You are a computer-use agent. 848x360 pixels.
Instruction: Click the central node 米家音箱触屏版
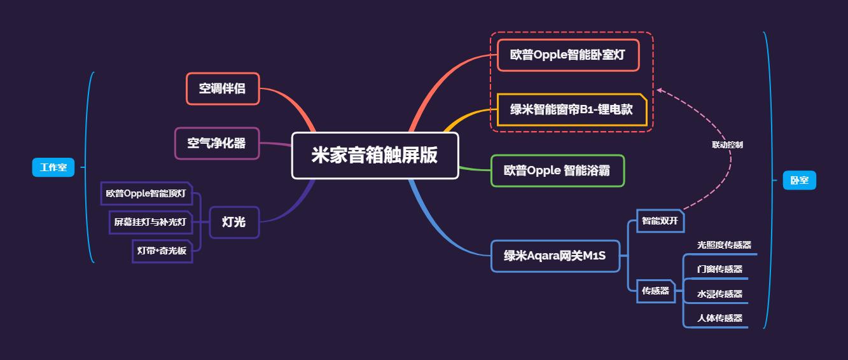[x=375, y=156]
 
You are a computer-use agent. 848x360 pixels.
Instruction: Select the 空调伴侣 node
[x=223, y=88]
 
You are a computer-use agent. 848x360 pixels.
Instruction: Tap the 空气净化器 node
[x=217, y=143]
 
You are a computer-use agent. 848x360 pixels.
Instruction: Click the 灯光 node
[x=234, y=222]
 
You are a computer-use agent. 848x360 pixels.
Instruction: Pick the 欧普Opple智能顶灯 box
[x=146, y=193]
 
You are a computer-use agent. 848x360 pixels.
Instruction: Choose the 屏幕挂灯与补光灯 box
[x=150, y=222]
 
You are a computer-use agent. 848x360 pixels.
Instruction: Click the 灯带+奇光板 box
[x=162, y=251]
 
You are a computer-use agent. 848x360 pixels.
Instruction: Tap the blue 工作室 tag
[x=53, y=168]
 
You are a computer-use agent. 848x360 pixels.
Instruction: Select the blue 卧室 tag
[x=799, y=181]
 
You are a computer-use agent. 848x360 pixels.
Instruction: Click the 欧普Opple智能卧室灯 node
[x=567, y=55]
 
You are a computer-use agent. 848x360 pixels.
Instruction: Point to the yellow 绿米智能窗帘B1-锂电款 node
[x=571, y=109]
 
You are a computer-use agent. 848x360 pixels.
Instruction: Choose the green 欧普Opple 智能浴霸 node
[x=557, y=170]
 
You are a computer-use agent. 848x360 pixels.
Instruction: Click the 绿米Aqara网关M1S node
[x=555, y=256]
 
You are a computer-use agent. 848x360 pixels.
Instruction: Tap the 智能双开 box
[x=660, y=221]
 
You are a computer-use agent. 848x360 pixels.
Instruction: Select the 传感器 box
[x=655, y=291]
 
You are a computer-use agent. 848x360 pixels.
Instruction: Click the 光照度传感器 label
[x=724, y=245]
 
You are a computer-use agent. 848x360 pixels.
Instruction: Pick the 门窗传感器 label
[x=719, y=269]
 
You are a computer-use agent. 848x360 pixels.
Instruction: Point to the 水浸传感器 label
[x=719, y=294]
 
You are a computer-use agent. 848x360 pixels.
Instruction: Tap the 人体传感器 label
[x=719, y=318]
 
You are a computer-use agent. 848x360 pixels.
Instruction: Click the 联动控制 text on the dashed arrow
[x=727, y=145]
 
